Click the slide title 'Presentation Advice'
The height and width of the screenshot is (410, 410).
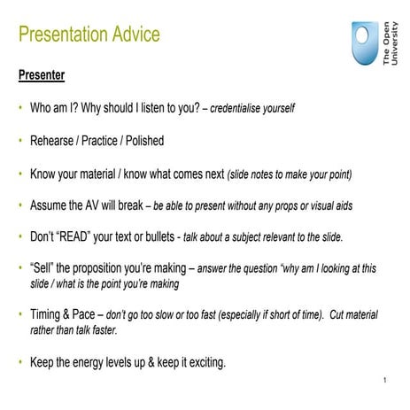tap(89, 35)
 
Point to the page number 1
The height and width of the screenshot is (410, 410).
tap(387, 382)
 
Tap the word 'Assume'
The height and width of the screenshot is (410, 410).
tap(51, 205)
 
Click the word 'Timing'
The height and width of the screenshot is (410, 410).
tap(50, 314)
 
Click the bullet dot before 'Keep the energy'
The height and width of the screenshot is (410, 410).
tap(20, 361)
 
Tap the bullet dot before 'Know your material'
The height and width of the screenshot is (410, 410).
tap(20, 174)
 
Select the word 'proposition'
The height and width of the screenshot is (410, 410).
tap(109, 268)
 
